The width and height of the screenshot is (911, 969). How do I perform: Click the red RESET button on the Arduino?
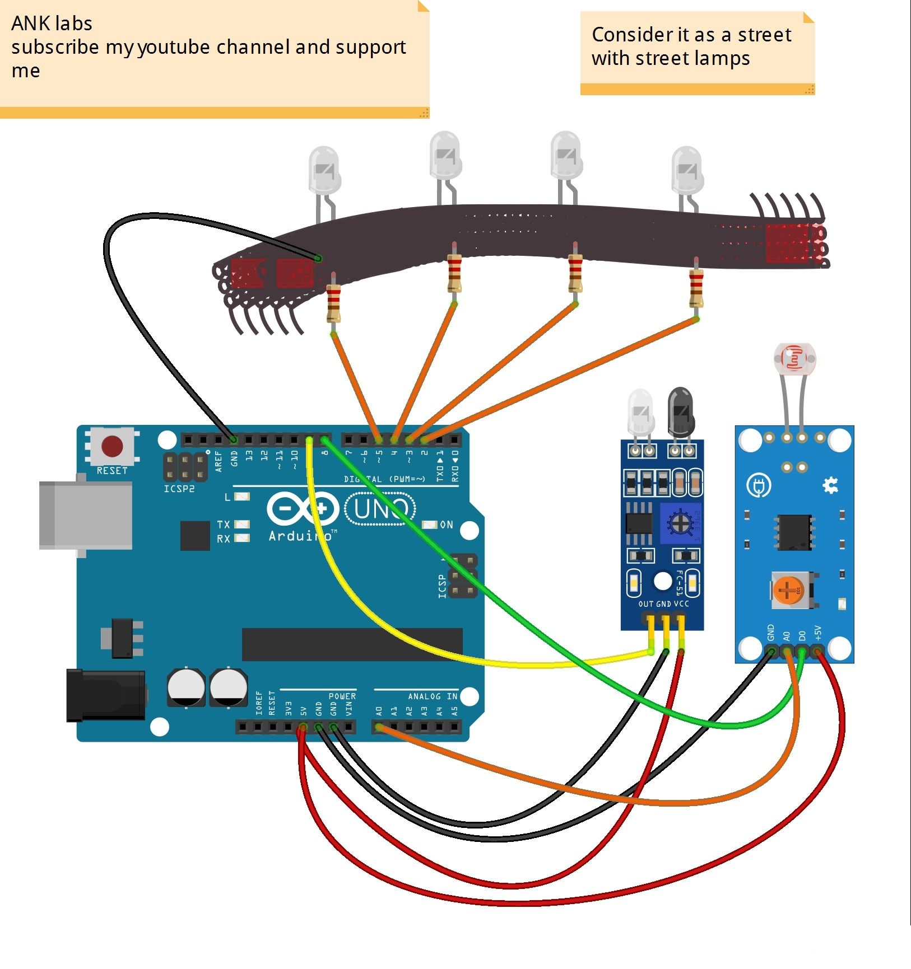click(112, 447)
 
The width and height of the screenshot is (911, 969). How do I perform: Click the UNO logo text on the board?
click(380, 509)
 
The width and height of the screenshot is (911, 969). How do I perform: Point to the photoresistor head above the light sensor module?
click(794, 358)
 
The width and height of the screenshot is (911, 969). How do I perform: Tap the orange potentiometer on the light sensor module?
click(788, 590)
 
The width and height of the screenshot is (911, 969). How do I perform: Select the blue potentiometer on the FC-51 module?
click(681, 523)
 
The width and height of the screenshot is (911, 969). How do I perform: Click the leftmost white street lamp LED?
click(324, 170)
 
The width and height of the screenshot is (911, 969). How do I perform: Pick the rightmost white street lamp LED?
click(686, 170)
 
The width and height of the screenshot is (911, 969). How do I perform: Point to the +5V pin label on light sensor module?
click(817, 633)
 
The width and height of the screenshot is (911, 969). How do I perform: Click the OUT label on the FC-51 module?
click(645, 604)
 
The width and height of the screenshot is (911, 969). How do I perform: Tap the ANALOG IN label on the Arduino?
click(432, 696)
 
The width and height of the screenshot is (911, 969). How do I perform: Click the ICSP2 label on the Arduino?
click(179, 489)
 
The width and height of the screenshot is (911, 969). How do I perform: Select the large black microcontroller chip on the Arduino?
click(352, 644)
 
